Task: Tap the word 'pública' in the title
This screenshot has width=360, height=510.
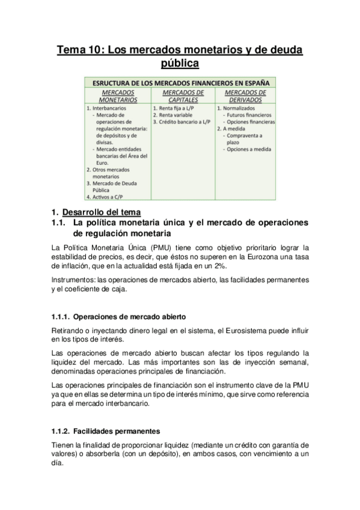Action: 180,63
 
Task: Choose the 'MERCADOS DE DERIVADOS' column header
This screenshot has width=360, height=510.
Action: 245,96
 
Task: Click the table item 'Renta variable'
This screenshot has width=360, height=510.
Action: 175,114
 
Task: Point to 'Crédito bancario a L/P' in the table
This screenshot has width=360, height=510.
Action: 184,121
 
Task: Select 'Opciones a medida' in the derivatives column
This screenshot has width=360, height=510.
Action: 249,149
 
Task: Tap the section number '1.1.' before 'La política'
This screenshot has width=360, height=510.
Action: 59,223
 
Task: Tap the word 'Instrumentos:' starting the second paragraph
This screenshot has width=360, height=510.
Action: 72,280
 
